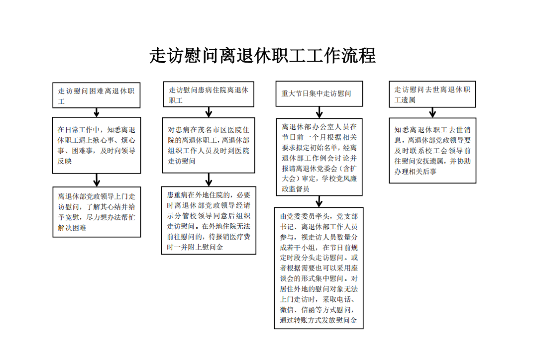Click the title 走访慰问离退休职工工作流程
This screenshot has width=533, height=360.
[262, 55]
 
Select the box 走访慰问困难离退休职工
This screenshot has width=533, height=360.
[97, 95]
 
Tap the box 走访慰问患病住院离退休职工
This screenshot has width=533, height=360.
[209, 94]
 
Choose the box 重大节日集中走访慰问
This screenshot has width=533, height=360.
[319, 93]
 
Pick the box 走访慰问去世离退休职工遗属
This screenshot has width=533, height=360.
[432, 94]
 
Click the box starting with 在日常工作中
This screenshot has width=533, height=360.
[97, 145]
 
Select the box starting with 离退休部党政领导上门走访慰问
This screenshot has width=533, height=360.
[97, 212]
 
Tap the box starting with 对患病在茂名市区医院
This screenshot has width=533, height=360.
[209, 145]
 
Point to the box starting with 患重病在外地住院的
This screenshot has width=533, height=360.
[209, 220]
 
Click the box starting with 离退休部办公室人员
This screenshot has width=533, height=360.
[319, 157]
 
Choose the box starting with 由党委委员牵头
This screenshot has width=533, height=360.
[319, 268]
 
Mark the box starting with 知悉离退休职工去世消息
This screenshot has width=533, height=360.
[432, 151]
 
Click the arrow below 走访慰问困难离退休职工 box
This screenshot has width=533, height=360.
[97, 113]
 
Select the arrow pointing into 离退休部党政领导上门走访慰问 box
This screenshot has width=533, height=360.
[97, 180]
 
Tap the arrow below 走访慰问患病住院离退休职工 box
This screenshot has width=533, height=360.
[209, 112]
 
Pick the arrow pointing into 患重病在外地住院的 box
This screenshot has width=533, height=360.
[209, 180]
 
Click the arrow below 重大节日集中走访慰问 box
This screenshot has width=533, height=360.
[319, 112]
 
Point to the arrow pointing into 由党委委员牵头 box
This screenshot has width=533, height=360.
[319, 201]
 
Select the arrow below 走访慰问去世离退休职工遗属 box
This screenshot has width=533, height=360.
[432, 113]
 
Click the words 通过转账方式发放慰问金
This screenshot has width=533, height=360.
[319, 320]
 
